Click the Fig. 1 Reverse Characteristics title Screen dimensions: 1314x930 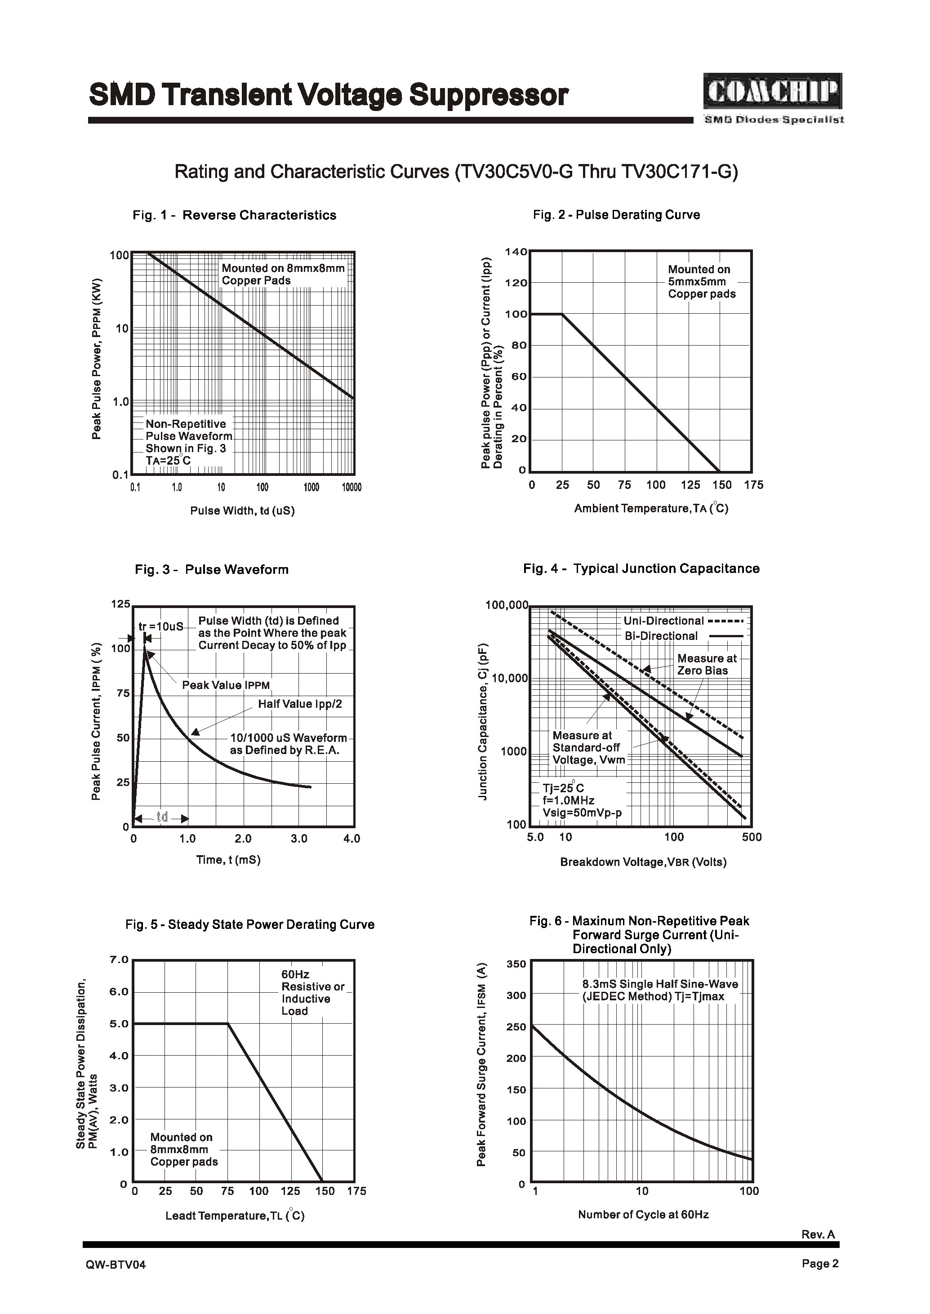click(x=234, y=215)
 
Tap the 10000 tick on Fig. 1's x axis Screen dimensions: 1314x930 click(x=351, y=488)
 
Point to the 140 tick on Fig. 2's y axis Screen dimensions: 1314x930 click(x=516, y=252)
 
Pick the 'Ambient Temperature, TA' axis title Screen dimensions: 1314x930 click(x=651, y=508)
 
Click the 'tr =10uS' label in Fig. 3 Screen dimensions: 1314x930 click(x=161, y=626)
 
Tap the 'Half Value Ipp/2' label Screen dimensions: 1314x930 click(x=299, y=704)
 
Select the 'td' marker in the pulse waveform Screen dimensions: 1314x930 click(x=162, y=817)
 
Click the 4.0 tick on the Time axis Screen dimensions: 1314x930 click(x=351, y=839)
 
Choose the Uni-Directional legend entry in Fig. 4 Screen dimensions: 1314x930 click(x=683, y=621)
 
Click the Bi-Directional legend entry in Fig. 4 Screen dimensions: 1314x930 click(x=683, y=635)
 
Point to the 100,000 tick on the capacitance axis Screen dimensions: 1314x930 click(x=506, y=604)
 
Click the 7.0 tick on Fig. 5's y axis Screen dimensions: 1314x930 click(x=119, y=959)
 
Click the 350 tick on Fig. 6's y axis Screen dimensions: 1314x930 click(x=516, y=964)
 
